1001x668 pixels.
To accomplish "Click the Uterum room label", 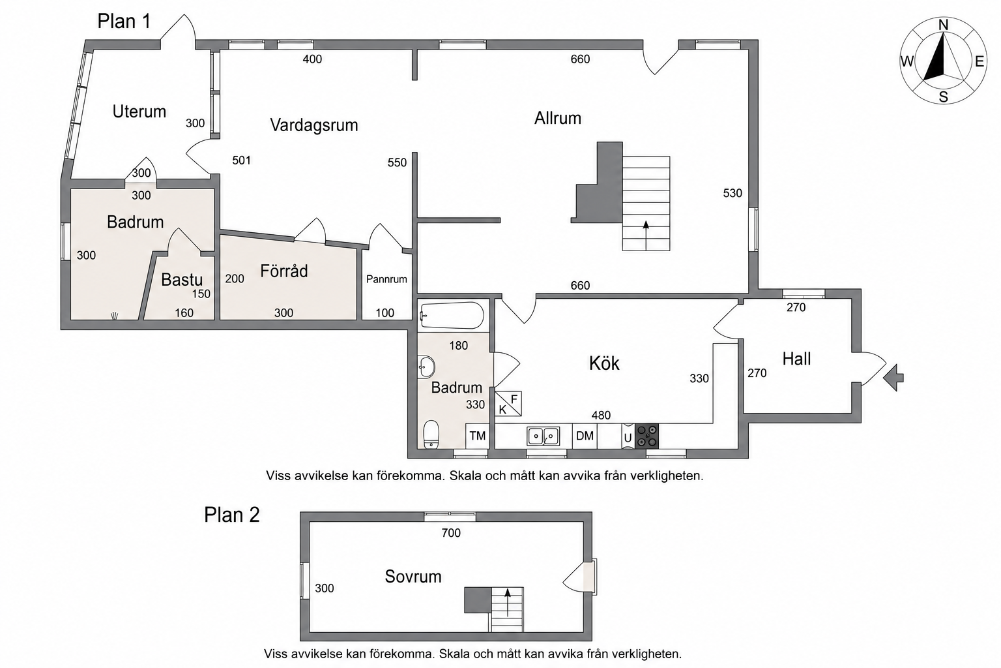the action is click(x=139, y=112).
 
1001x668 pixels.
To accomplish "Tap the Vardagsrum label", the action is click(x=314, y=125).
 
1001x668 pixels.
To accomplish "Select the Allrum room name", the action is click(x=558, y=118).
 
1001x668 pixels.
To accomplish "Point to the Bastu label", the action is click(x=182, y=280).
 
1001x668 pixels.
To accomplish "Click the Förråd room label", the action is click(x=284, y=271).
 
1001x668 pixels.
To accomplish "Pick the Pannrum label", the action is click(x=386, y=279).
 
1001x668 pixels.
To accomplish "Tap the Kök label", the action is click(x=604, y=363).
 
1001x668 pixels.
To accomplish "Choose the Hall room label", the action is click(x=797, y=359).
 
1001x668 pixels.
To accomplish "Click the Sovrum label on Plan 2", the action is click(x=413, y=576).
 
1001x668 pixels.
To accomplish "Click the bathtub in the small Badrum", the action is click(x=452, y=316).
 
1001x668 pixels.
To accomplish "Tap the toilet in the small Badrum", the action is click(x=431, y=434).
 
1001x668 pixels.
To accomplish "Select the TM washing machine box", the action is click(x=477, y=436).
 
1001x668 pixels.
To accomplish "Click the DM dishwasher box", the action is click(x=585, y=436).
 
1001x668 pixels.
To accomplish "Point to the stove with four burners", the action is click(x=646, y=436).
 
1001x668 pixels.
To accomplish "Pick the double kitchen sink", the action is click(x=543, y=436).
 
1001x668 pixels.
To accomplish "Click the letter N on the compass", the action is click(x=943, y=25).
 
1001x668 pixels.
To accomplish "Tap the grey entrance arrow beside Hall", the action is click(x=893, y=378).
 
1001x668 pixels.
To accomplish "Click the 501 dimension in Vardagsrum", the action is click(x=241, y=160).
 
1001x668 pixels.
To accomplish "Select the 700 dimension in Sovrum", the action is click(x=451, y=533).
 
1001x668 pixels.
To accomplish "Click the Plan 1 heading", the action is click(x=124, y=22).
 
